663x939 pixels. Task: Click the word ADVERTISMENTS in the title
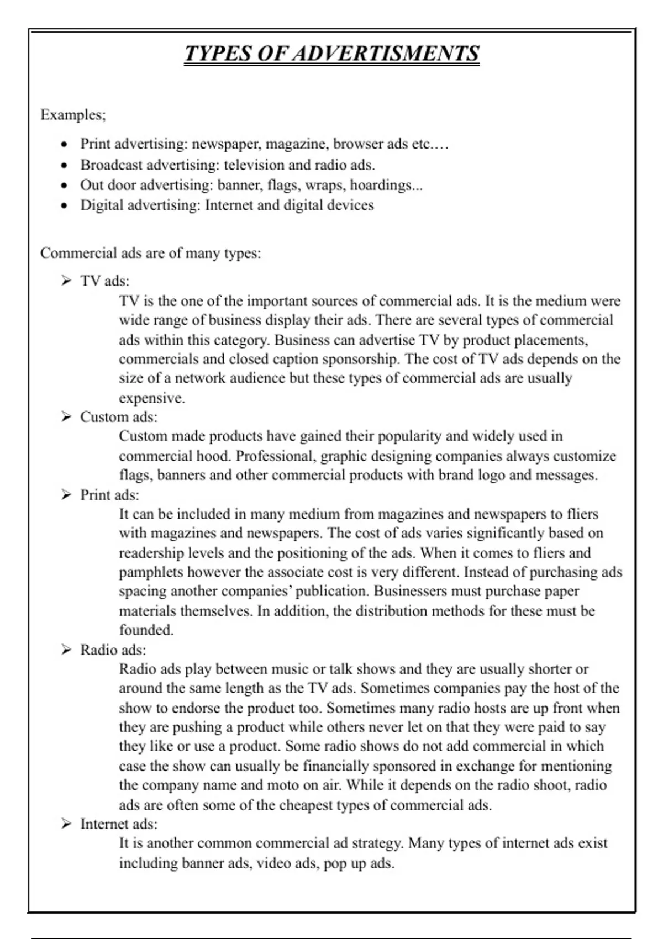(386, 54)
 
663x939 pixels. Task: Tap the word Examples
(72, 115)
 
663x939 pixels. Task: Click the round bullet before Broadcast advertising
(65, 165)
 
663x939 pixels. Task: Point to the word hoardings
(386, 185)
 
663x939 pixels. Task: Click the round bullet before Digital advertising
(65, 205)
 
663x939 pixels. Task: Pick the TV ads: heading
(104, 281)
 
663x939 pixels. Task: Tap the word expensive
(151, 398)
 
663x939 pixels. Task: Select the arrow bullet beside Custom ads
(66, 417)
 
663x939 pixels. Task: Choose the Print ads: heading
(109, 495)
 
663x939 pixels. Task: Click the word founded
(146, 630)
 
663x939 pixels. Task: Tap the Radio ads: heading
(113, 650)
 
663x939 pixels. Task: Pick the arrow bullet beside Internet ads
(66, 824)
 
